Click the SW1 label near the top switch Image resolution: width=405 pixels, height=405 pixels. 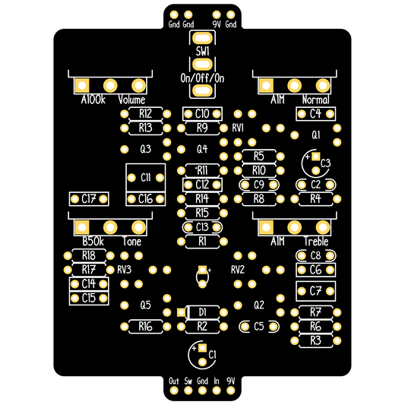tap(202, 51)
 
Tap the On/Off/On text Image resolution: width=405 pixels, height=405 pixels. tap(202, 78)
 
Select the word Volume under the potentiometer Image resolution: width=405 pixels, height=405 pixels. tap(131, 100)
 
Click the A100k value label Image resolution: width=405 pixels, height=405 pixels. tap(93, 100)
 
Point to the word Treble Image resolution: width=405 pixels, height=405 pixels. tap(316, 242)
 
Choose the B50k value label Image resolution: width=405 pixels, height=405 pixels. tap(93, 242)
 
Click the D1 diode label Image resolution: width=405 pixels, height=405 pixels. tap(202, 312)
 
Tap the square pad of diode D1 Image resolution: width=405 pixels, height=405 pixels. tap(181, 312)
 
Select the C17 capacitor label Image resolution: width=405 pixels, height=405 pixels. tap(89, 199)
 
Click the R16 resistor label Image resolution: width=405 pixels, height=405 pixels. tap(145, 327)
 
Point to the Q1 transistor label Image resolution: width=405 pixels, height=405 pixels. tap(316, 134)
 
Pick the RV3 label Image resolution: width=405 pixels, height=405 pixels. tap(125, 270)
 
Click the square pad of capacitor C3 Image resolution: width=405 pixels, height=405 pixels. tap(315, 157)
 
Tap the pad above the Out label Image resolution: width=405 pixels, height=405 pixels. tap(174, 391)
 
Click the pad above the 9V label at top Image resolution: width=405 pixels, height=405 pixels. tap(217, 14)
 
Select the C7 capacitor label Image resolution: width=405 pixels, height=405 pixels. tap(315, 291)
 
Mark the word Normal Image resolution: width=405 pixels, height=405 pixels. tap(315, 100)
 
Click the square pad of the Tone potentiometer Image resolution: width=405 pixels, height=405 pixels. tap(82, 227)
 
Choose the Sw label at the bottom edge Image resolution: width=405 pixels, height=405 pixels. tap(188, 381)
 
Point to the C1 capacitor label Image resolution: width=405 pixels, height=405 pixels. tap(212, 355)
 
